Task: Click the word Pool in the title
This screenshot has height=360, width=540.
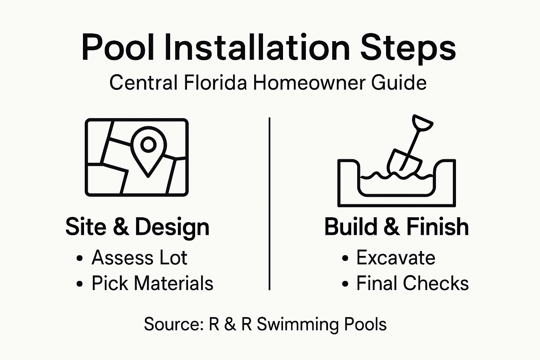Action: click(x=118, y=47)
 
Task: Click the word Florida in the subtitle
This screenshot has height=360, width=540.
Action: click(x=214, y=83)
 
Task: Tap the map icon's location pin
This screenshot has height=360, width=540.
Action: click(x=148, y=151)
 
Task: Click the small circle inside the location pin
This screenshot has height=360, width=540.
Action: click(x=148, y=144)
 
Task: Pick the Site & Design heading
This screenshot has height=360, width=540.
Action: click(x=137, y=227)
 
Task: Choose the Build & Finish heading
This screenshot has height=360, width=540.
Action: click(x=396, y=227)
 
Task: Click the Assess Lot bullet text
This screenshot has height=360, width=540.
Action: click(x=139, y=258)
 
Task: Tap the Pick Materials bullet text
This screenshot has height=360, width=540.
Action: click(x=152, y=283)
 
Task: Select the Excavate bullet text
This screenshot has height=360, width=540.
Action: click(x=396, y=258)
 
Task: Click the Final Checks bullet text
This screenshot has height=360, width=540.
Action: click(x=412, y=283)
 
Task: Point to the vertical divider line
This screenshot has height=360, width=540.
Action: click(x=269, y=204)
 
